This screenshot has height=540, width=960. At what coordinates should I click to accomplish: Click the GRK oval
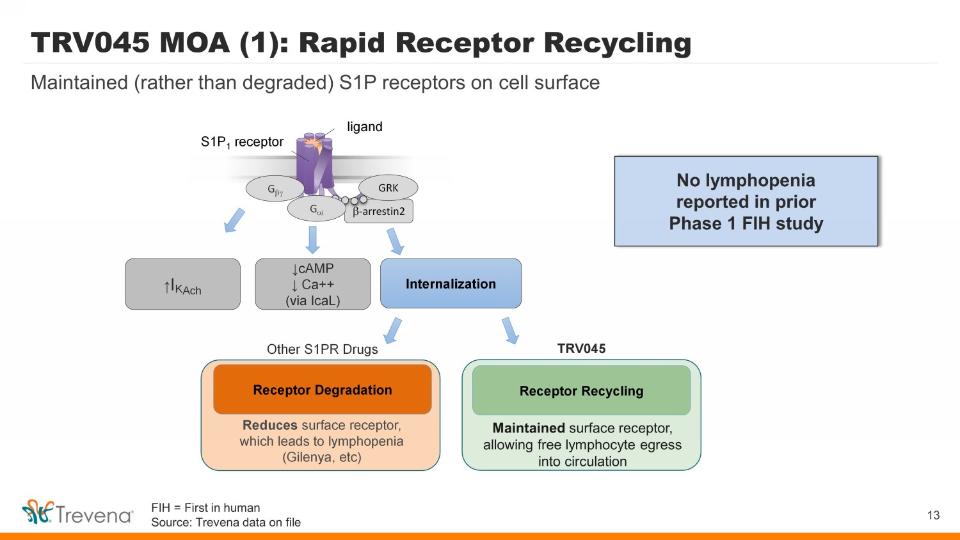(x=388, y=188)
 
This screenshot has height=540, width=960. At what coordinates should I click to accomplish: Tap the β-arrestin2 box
(x=379, y=211)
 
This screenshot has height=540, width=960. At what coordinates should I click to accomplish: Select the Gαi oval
(x=317, y=209)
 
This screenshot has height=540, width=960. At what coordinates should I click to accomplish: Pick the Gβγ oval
(x=275, y=189)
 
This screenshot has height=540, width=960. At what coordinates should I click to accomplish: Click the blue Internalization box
(x=451, y=283)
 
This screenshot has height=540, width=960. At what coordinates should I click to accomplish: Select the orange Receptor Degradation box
(x=323, y=390)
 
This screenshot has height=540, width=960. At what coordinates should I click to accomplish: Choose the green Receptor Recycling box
(x=581, y=391)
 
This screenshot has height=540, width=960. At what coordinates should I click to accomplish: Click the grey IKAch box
(x=182, y=285)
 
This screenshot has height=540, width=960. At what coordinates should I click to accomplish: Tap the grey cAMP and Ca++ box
(x=312, y=285)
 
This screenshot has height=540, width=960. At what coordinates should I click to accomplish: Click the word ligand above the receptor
(x=365, y=127)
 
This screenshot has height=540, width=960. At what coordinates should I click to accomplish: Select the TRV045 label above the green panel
(x=581, y=349)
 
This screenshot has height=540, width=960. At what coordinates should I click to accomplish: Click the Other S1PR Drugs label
(x=323, y=349)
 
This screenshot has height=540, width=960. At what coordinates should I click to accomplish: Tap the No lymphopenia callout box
(x=746, y=202)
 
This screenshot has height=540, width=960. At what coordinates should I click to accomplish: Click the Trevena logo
(x=77, y=512)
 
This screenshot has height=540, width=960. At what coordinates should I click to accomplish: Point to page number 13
(x=933, y=515)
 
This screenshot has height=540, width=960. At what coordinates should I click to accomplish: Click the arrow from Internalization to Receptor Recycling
(x=510, y=330)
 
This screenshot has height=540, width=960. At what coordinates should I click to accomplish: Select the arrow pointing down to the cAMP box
(x=312, y=240)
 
